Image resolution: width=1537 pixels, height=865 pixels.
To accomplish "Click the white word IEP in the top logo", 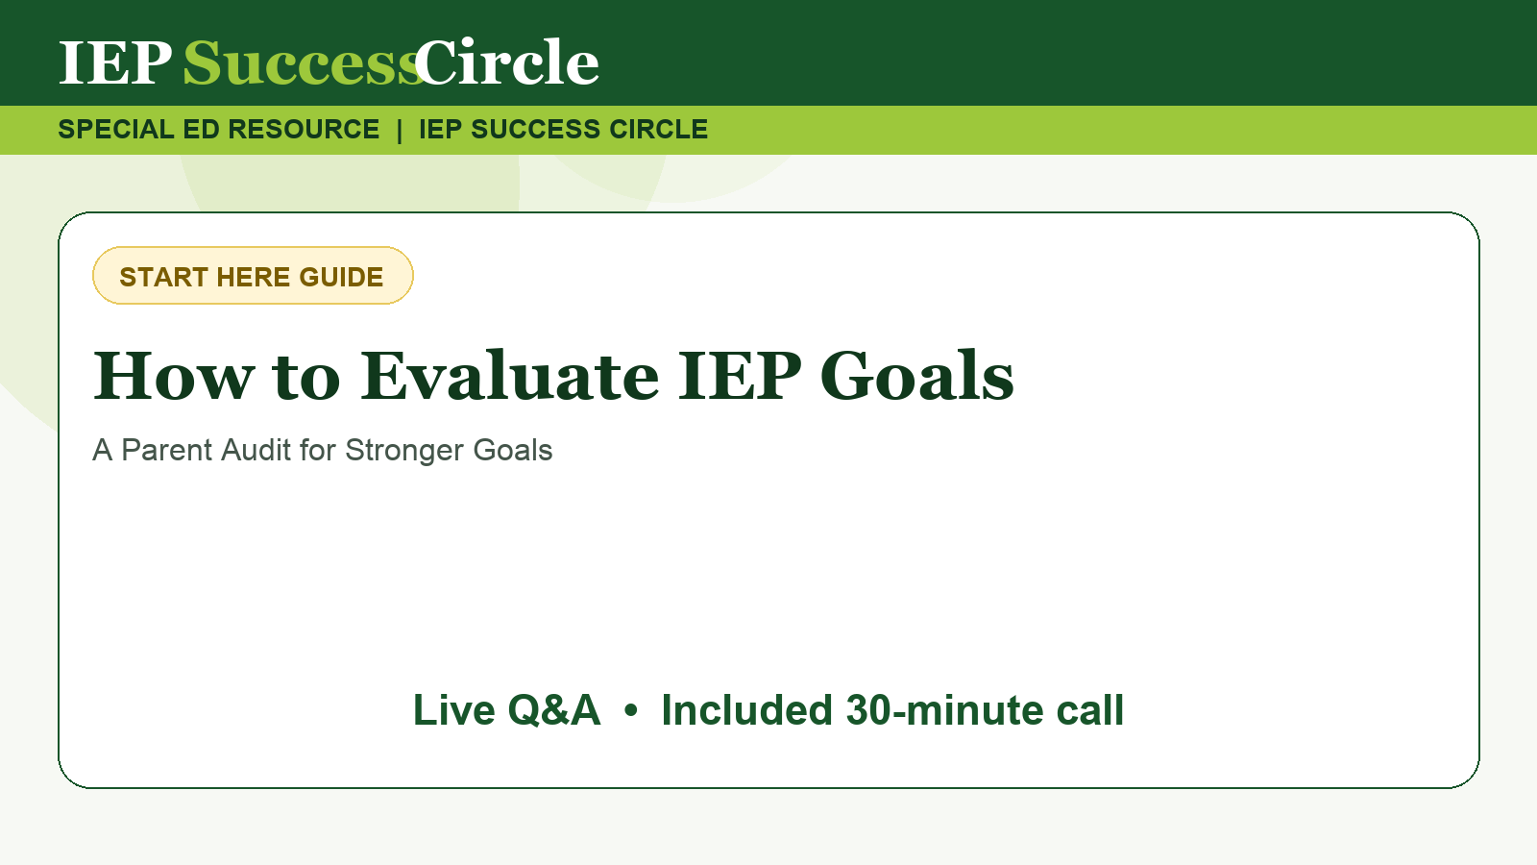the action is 115,62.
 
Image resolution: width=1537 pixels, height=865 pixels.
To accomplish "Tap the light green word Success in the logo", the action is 303,62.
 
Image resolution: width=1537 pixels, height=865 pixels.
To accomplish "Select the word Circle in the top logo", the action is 506,62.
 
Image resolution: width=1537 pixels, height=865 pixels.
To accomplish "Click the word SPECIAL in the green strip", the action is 116,129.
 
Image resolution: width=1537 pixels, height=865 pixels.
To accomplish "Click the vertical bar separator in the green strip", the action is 400,130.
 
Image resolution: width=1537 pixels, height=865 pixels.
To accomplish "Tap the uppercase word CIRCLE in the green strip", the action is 658,129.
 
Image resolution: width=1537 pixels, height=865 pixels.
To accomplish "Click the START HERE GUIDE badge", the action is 253,275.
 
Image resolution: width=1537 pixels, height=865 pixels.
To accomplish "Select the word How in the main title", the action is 174,376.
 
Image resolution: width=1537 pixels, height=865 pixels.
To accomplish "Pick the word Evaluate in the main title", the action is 510,376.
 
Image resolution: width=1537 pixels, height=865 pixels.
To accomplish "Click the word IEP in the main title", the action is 740,376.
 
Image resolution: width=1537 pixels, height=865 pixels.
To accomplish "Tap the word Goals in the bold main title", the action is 916,376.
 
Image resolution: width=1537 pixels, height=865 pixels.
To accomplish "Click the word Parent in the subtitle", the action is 167,451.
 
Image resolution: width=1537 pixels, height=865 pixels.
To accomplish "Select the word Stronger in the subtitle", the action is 404,452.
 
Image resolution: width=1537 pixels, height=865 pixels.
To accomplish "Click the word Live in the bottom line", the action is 453,710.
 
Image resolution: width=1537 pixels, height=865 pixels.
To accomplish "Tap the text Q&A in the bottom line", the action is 554,710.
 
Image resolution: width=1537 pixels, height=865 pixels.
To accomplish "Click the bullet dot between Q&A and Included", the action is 631,711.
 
